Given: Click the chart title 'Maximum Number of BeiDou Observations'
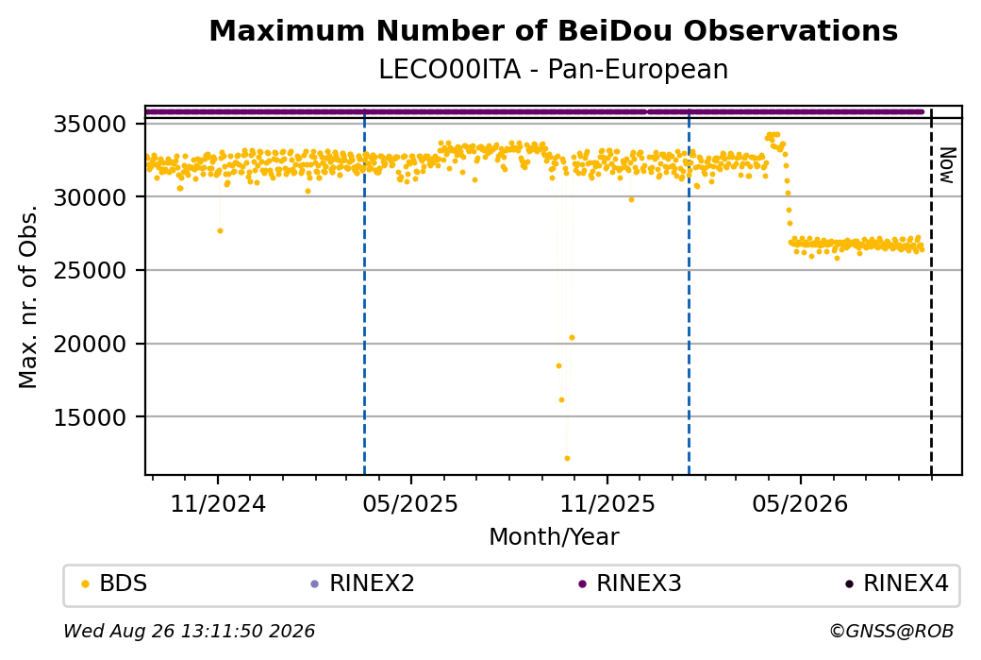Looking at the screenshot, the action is (x=553, y=30).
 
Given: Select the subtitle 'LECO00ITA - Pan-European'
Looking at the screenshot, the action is (x=553, y=70).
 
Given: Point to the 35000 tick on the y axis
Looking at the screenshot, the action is (x=91, y=124).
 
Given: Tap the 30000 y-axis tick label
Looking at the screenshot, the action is (x=91, y=197).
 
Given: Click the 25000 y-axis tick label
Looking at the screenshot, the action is (x=91, y=270).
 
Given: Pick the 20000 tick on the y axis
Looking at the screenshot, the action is (x=91, y=344).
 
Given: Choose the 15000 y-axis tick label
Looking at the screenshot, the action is (x=91, y=417).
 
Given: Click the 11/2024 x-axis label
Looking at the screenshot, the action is (x=218, y=503).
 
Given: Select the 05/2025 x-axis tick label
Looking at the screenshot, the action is (x=410, y=503).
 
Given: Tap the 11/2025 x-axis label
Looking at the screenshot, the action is (x=607, y=503).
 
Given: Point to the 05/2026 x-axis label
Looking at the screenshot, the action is (x=800, y=503).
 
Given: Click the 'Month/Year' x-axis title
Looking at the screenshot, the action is (x=554, y=536).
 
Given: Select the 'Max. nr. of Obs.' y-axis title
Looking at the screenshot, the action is (x=28, y=296).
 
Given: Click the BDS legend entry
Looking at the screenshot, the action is (x=115, y=584).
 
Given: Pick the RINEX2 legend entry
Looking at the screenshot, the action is (x=363, y=584).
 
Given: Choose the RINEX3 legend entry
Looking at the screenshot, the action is (x=630, y=584).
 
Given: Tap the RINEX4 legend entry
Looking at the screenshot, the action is (x=897, y=584).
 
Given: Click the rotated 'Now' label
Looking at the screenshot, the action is (x=948, y=165).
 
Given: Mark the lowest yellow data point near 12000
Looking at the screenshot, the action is (x=567, y=458).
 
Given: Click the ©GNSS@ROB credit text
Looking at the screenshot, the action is (x=891, y=631).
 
